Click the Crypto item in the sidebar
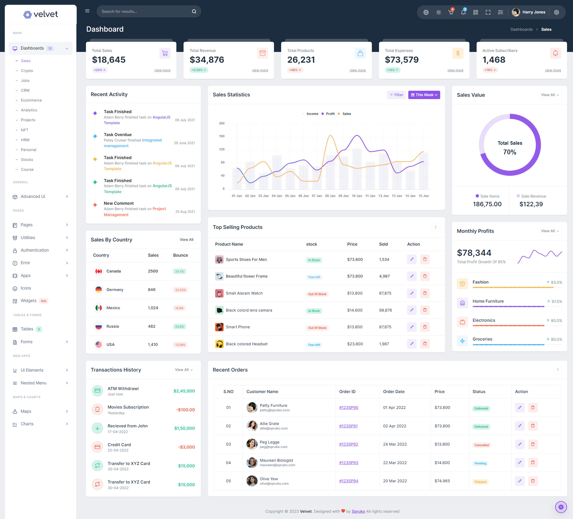[27, 71]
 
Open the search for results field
[145, 11]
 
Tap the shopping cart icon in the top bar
[451, 12]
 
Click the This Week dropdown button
[424, 95]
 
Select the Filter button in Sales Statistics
[396, 95]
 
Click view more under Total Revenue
[260, 70]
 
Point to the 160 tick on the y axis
[222, 136]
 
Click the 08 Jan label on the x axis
[330, 196]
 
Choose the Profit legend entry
[330, 114]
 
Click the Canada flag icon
[98, 271]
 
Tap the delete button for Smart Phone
[425, 327]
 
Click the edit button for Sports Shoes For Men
[412, 259]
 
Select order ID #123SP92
[349, 444]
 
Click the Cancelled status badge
[481, 445]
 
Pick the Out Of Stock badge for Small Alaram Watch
[317, 294]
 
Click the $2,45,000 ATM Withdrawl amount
[184, 391]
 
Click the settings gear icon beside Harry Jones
[556, 12]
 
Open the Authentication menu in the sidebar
[35, 250]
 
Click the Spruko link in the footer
[358, 511]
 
